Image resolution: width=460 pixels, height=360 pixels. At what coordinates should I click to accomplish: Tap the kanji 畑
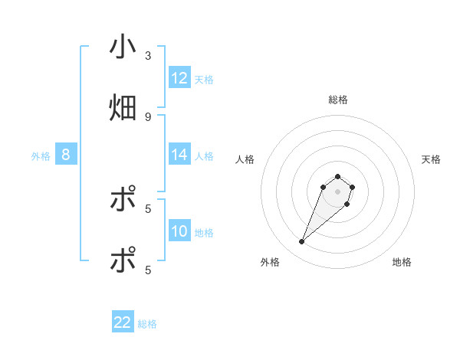click(x=123, y=107)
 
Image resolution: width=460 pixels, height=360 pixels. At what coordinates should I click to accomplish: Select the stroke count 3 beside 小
click(x=148, y=56)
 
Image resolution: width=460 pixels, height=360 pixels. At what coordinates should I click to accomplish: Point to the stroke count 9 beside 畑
click(x=148, y=116)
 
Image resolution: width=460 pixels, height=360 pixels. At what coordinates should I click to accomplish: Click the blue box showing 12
click(x=179, y=78)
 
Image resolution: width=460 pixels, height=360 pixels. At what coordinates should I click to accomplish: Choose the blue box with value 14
click(x=179, y=155)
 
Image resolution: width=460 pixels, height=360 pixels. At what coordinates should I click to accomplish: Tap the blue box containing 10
click(x=179, y=231)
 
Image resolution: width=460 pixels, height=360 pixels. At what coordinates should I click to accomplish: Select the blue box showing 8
click(x=66, y=155)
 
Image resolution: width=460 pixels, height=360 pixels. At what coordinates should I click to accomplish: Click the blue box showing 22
click(x=123, y=322)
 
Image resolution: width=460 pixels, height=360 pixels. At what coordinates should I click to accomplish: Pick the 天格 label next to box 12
click(x=204, y=79)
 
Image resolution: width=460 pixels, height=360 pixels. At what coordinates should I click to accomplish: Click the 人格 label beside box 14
click(x=204, y=155)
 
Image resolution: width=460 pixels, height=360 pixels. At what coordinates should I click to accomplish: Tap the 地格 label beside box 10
click(x=204, y=232)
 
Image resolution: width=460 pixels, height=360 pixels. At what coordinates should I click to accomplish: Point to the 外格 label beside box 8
click(x=41, y=155)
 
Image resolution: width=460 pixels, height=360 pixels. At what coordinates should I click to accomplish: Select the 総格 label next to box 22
click(x=147, y=323)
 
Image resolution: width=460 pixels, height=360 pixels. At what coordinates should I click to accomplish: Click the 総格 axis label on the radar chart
click(x=337, y=100)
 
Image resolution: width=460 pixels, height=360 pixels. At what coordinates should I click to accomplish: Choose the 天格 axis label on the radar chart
click(x=431, y=159)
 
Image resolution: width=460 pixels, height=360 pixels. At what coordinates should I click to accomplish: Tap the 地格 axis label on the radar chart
click(x=402, y=262)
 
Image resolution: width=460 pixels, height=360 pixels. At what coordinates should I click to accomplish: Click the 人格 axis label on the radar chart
click(x=245, y=159)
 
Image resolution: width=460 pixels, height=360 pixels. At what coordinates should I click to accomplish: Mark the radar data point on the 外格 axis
click(x=302, y=242)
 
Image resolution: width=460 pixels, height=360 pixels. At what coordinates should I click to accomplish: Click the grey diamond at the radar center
click(x=337, y=191)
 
